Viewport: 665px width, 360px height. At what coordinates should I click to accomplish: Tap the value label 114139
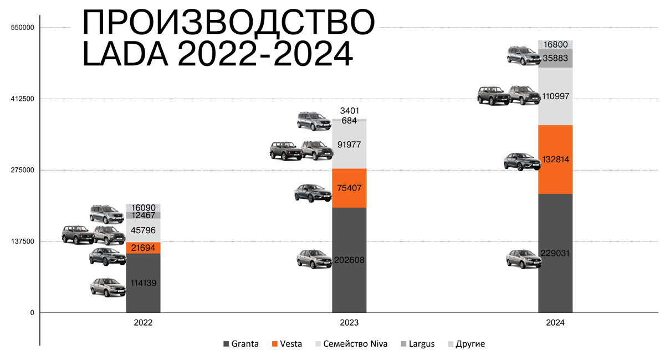pos(143,283)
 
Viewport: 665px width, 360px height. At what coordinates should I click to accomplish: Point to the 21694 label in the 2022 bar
pos(143,248)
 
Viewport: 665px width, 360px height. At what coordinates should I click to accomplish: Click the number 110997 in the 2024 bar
pos(555,96)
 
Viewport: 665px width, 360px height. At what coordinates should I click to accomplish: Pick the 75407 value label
pos(349,188)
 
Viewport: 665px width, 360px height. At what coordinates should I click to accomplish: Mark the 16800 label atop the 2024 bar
pos(555,44)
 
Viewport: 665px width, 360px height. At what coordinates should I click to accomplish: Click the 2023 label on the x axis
pos(349,322)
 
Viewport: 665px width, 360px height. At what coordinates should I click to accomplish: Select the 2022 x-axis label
pos(143,322)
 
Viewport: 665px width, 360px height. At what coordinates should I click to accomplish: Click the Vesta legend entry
pos(287,344)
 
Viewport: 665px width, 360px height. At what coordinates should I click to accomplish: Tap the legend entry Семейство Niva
pos(352,344)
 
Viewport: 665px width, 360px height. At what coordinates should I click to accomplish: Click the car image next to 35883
pos(523,55)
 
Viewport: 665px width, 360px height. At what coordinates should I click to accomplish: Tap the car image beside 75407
pos(313,193)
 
